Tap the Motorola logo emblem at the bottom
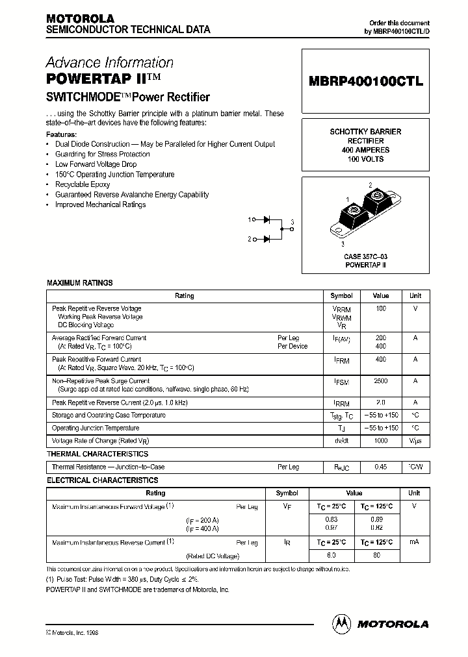[341, 623]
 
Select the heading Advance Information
[109, 63]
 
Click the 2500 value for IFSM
[380, 381]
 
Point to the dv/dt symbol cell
[341, 441]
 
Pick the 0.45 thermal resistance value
[380, 467]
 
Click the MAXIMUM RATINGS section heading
[79, 283]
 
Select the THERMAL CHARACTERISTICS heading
[97, 454]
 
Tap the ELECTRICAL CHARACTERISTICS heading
[102, 480]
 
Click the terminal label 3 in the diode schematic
[292, 223]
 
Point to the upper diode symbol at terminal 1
[266, 219]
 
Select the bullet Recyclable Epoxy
[83, 184]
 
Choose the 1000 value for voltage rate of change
[380, 441]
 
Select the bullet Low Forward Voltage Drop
[96, 164]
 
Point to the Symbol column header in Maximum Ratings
[341, 296]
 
